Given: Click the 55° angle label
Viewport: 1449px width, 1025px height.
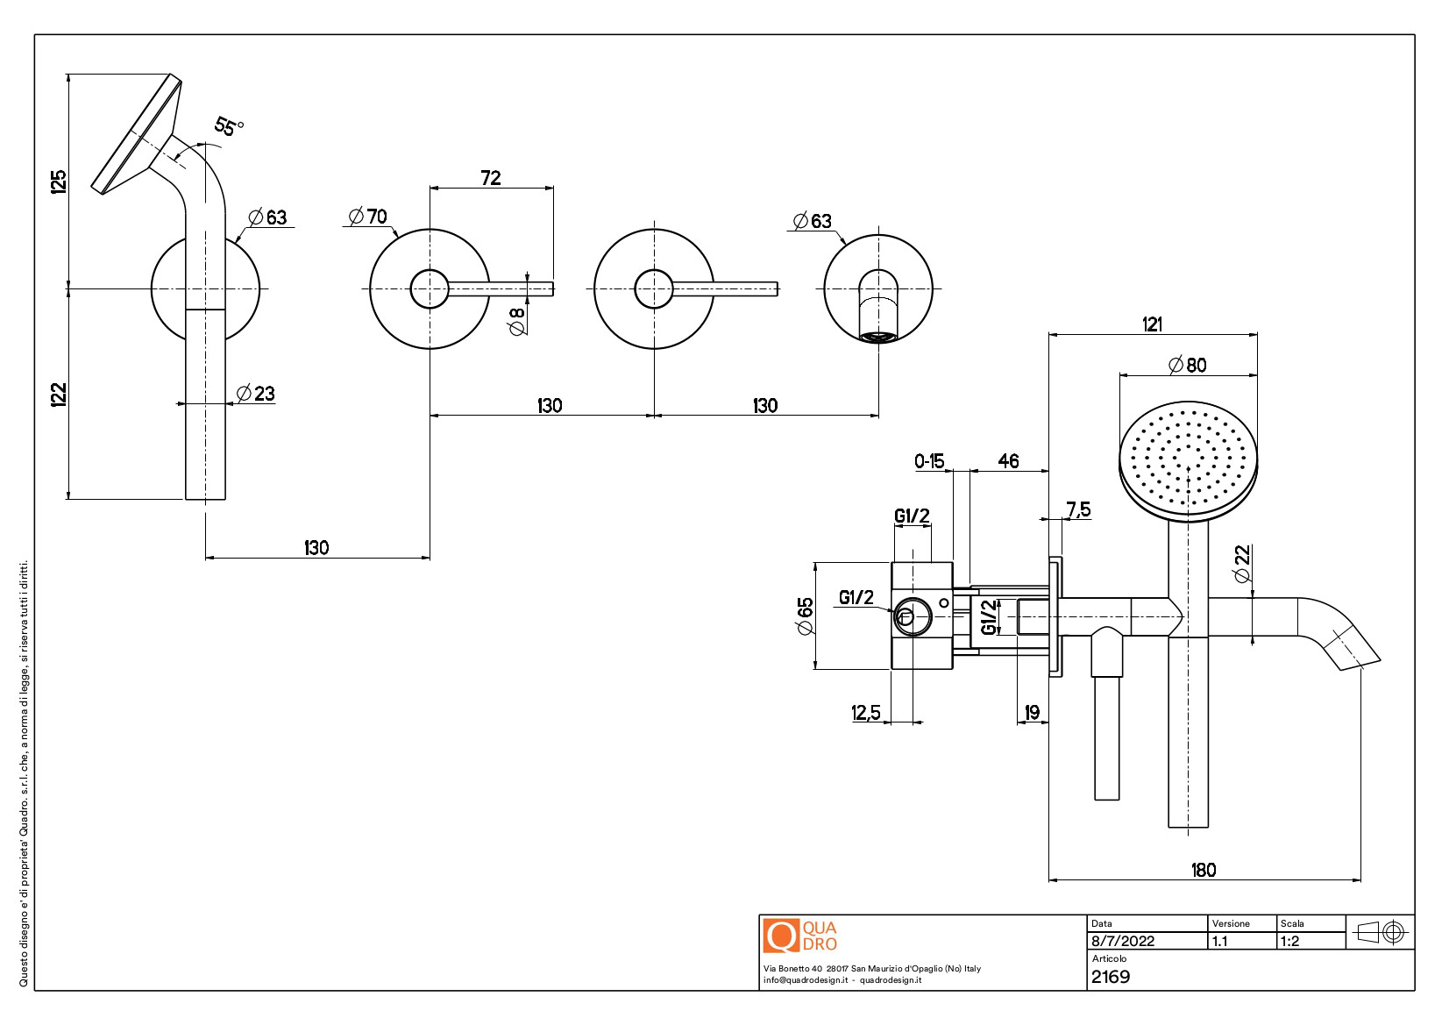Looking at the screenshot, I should pyautogui.click(x=229, y=127).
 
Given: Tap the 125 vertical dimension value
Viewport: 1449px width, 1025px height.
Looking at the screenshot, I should pyautogui.click(x=59, y=182).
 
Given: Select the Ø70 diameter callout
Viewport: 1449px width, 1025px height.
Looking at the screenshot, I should pyautogui.click(x=368, y=217).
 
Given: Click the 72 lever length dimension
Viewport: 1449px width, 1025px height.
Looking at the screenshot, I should pyautogui.click(x=491, y=178).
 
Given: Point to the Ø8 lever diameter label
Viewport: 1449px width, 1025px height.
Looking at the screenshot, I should pyautogui.click(x=517, y=321).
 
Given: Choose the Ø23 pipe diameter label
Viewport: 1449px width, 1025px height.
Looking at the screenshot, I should pyautogui.click(x=256, y=394).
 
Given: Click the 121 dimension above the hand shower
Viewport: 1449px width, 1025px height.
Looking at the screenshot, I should pyautogui.click(x=1153, y=324).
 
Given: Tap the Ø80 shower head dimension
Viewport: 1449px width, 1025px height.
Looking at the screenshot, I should pyautogui.click(x=1188, y=365).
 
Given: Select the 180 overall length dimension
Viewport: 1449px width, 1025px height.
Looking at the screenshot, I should pyautogui.click(x=1204, y=870).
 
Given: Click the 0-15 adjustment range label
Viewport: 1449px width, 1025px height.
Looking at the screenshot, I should pyautogui.click(x=929, y=461).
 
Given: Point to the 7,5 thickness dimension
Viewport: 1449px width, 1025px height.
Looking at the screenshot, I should pyautogui.click(x=1078, y=509).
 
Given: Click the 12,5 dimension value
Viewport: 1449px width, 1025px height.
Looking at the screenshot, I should pyautogui.click(x=866, y=713).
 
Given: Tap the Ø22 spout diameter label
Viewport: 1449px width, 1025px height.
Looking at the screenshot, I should pyautogui.click(x=1242, y=564).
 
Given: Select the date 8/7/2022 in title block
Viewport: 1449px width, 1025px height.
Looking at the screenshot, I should pyautogui.click(x=1123, y=941).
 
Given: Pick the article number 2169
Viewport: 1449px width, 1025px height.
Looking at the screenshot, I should pyautogui.click(x=1111, y=977).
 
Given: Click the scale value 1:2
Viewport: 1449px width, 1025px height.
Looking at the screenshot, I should pyautogui.click(x=1290, y=941).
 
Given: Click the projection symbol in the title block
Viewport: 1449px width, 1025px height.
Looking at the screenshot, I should pyautogui.click(x=1381, y=932).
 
